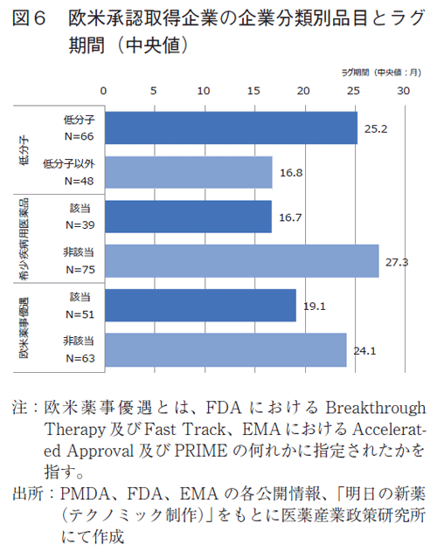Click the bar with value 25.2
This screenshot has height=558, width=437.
click(230, 127)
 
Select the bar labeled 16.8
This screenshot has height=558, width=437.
click(188, 172)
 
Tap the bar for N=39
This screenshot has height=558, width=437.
click(187, 217)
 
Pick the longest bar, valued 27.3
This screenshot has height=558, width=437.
click(240, 260)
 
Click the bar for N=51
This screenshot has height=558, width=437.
click(199, 305)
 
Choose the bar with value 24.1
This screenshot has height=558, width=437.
click(225, 349)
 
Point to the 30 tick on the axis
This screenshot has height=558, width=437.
click(403, 90)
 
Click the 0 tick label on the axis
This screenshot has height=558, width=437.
click(103, 90)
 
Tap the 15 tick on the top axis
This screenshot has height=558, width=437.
click(253, 90)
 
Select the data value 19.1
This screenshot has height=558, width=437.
click(314, 306)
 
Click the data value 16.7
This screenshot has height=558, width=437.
click(290, 217)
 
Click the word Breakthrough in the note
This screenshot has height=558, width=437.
click(375, 409)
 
